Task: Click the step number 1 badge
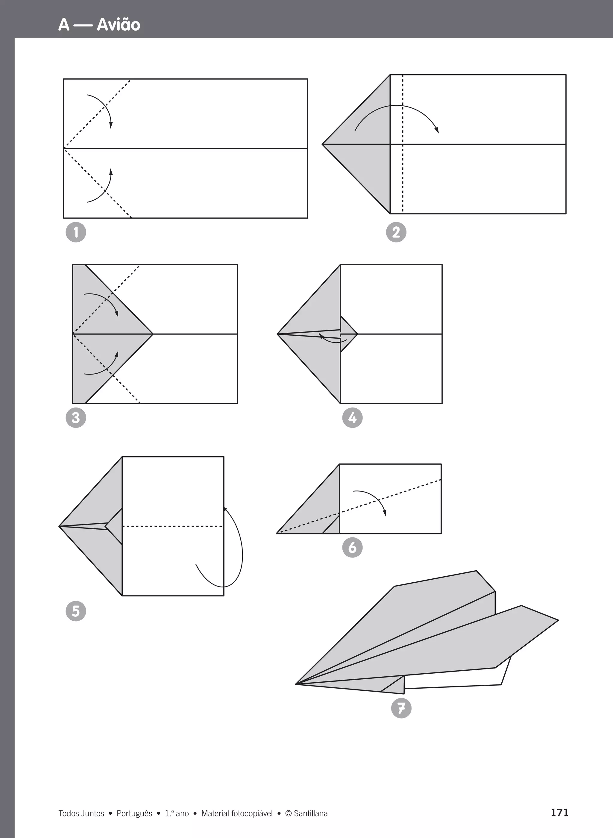(x=76, y=232)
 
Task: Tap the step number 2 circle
(x=396, y=232)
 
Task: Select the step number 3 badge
(x=76, y=418)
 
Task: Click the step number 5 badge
(x=76, y=611)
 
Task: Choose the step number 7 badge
(x=401, y=708)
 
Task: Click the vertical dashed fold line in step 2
(x=403, y=144)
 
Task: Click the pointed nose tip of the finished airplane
(x=296, y=684)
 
